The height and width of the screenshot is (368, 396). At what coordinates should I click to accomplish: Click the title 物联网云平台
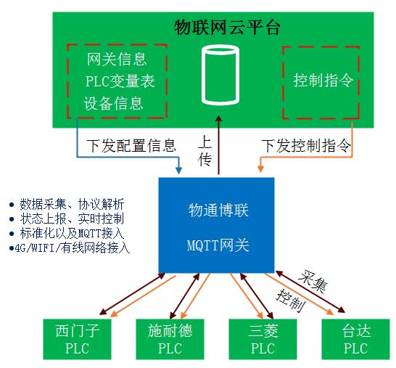pyautogui.click(x=228, y=28)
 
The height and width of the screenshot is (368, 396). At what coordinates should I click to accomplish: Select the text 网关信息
pyautogui.click(x=116, y=58)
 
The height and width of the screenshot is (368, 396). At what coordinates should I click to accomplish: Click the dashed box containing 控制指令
pyautogui.click(x=319, y=81)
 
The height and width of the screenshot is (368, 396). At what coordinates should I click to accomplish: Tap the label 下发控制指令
pyautogui.click(x=305, y=146)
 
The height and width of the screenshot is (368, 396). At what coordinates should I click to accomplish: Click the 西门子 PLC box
pyautogui.click(x=75, y=338)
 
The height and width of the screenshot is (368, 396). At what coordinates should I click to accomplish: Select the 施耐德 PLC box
pyautogui.click(x=169, y=338)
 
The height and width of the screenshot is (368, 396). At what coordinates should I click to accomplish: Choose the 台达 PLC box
pyautogui.click(x=355, y=338)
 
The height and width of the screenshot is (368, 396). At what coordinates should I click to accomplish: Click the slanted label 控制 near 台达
pyautogui.click(x=291, y=298)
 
